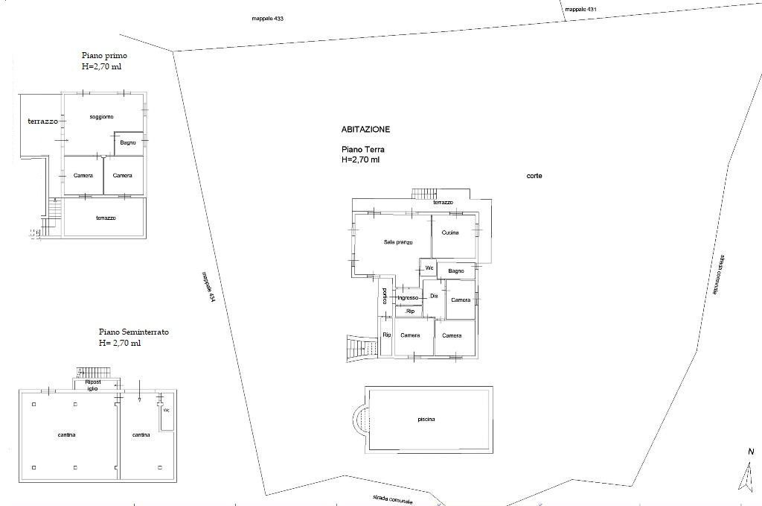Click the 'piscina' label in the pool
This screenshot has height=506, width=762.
[426, 420]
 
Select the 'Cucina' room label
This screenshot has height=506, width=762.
[450, 233]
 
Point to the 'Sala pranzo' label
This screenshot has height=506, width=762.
[397, 242]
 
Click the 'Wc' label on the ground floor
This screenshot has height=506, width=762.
[429, 268]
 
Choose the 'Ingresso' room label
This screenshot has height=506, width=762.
[408, 298]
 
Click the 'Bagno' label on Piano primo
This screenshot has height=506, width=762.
[128, 142]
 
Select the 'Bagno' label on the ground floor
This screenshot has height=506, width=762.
[456, 271]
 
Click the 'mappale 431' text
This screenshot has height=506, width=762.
[580, 9]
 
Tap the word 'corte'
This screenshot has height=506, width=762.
[534, 176]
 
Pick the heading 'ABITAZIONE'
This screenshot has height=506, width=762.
[365, 130]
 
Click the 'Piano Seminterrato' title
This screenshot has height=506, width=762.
[134, 332]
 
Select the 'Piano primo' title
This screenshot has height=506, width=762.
[104, 55]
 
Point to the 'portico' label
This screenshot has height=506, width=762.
[385, 297]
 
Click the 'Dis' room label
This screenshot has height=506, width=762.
[434, 296]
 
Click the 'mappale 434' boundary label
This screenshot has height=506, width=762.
[208, 287]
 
